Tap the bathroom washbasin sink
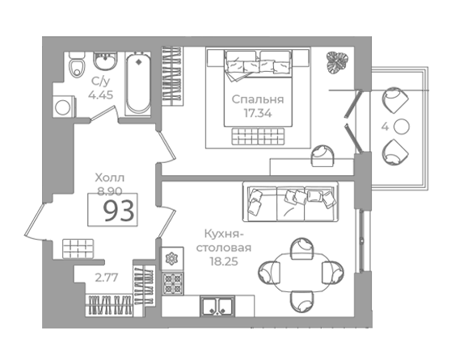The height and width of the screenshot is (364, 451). point(105,61)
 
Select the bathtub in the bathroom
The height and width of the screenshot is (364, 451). point(138,84)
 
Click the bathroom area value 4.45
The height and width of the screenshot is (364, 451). point(100,94)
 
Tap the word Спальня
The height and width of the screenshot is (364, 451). point(258,99)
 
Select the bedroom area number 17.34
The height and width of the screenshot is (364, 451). point(258,114)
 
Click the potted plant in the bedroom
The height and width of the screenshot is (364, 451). point(337,63)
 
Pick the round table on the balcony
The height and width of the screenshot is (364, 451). point(402,127)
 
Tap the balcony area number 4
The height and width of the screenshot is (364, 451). point(385,127)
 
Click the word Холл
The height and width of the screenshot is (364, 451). point(110,178)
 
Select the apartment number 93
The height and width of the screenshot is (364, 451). point(119,211)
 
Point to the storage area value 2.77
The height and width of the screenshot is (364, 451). point(107,278)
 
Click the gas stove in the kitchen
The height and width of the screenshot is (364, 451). point(173,284)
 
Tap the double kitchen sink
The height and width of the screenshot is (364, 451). point(217,307)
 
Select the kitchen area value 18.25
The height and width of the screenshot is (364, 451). point(224,261)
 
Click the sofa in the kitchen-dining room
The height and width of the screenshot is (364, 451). point(290,202)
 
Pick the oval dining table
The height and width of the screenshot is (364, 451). point(301,272)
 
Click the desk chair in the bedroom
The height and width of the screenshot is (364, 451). point(323,156)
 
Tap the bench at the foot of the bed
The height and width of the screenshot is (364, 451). point(258,136)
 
